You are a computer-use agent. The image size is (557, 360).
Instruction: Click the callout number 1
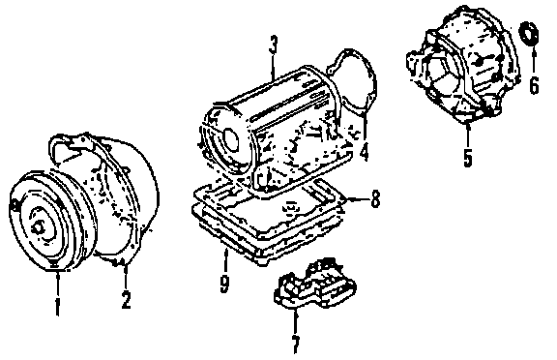pos(57,307)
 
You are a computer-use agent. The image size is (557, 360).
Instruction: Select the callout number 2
pos(126,300)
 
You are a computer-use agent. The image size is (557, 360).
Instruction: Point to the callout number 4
pos(365,150)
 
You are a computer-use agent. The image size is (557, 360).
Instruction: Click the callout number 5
pos(467,158)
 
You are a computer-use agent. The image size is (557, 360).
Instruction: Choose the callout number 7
pos(296,345)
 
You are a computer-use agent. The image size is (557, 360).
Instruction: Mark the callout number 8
pos(375,199)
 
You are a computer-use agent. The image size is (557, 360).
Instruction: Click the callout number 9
pos(224,285)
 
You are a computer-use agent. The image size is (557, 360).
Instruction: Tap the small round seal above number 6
pos(529,34)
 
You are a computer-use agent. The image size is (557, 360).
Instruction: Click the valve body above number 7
pos(314,285)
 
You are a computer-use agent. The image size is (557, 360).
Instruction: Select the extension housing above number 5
pos(462,64)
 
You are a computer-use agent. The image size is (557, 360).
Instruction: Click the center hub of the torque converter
pos(38,227)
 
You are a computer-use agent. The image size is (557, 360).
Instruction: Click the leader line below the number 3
pos(273,67)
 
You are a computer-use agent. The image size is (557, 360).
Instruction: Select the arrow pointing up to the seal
pos(534,60)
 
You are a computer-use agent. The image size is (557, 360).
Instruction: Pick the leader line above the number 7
pos(295,322)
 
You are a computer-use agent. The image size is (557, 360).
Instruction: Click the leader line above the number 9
pos(225,262)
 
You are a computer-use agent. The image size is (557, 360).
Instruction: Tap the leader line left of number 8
pos(356,199)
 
